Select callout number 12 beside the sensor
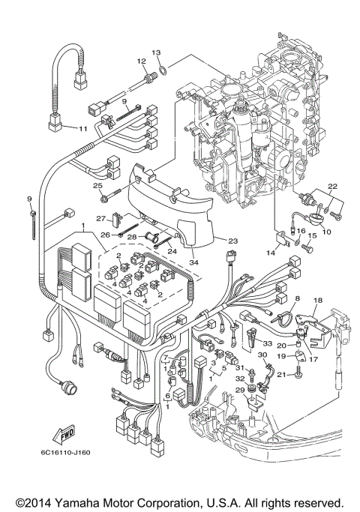pyautogui.click(x=140, y=61)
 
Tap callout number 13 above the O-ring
pyautogui.click(x=156, y=52)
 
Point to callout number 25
pyautogui.click(x=97, y=186)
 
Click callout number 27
pyautogui.click(x=100, y=218)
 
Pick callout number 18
pyautogui.click(x=317, y=301)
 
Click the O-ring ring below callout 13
pyautogui.click(x=162, y=72)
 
